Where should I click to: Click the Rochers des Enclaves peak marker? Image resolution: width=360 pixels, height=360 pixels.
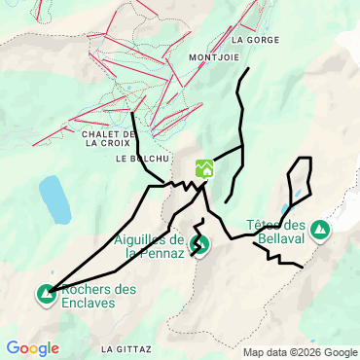[x=46, y=293]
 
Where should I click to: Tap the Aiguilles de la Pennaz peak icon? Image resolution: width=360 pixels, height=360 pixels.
[x=199, y=243]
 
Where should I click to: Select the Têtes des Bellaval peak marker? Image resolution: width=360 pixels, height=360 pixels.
[x=320, y=231]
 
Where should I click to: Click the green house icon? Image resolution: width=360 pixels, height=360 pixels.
[x=204, y=168]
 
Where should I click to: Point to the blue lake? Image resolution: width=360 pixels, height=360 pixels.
[x=54, y=199]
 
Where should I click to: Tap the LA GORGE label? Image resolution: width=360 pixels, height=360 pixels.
[x=256, y=41]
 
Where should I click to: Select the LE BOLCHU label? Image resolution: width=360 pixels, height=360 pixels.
[x=143, y=158]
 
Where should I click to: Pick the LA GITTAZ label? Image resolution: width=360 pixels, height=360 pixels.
[x=124, y=347]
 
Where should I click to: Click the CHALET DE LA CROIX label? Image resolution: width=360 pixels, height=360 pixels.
[x=108, y=138]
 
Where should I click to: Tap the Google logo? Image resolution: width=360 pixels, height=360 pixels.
[x=32, y=348]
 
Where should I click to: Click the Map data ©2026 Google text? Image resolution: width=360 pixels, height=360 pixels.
[x=300, y=352]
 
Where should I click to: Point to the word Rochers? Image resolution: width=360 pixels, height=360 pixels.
[x=89, y=290]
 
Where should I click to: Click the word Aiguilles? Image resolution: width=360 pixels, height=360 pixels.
[x=143, y=240]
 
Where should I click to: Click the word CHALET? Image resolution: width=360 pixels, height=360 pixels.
[x=101, y=133]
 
